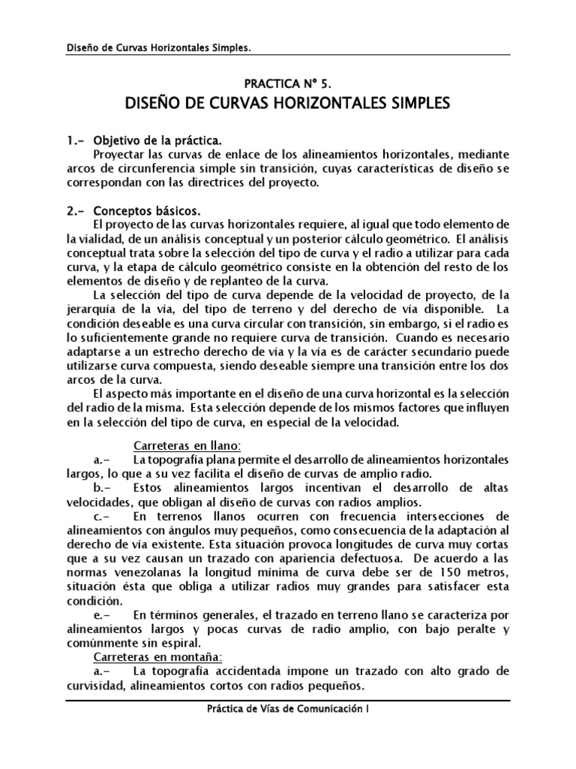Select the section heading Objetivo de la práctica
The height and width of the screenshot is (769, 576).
pos(157,140)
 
